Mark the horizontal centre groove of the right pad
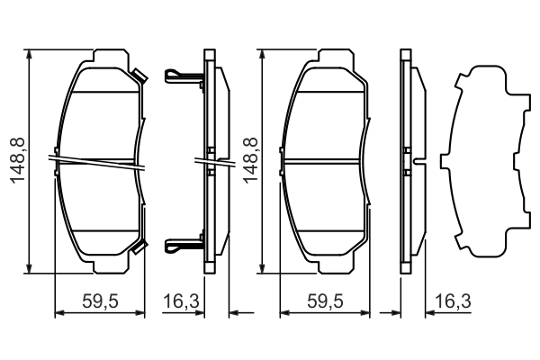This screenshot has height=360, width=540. click(325, 160)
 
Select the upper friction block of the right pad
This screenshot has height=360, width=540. click(325, 121)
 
